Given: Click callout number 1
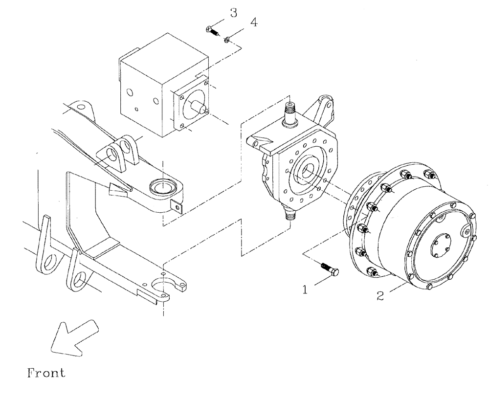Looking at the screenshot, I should (305, 290).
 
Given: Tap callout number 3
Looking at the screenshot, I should (234, 13).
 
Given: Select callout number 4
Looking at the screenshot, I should (253, 22).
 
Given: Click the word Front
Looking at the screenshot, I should (45, 373).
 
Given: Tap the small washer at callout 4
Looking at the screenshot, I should (228, 40).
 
